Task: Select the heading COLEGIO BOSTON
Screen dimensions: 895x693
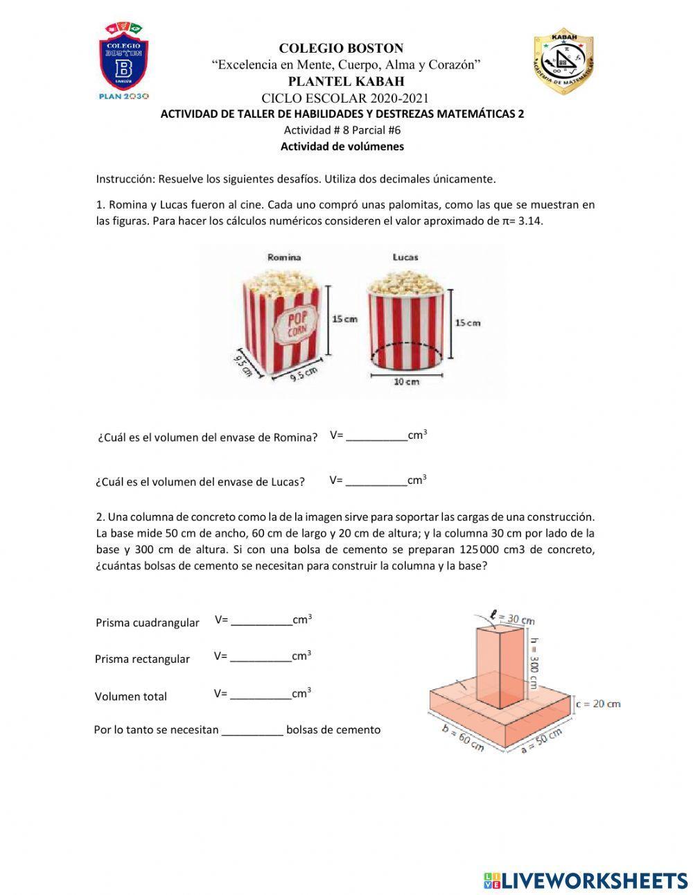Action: [341, 49]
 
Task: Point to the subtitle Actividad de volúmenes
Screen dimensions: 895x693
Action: [342, 146]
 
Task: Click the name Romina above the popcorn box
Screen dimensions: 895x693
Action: [284, 257]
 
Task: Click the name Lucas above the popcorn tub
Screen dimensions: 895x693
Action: [405, 257]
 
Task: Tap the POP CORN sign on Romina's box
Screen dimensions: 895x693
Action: [296, 324]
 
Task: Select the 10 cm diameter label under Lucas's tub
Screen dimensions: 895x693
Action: [406, 382]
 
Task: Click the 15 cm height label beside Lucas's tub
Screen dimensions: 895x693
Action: [467, 322]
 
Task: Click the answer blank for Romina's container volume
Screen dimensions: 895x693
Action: [376, 437]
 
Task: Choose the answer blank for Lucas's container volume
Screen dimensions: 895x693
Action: [376, 481]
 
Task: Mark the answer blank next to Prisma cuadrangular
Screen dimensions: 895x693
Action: [261, 621]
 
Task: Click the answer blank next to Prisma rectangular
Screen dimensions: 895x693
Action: [260, 657]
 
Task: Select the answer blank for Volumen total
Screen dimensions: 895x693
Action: [260, 695]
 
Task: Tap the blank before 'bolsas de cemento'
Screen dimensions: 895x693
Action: [252, 731]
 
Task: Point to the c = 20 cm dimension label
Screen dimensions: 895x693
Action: [598, 704]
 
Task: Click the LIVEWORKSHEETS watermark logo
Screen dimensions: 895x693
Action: [586, 880]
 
